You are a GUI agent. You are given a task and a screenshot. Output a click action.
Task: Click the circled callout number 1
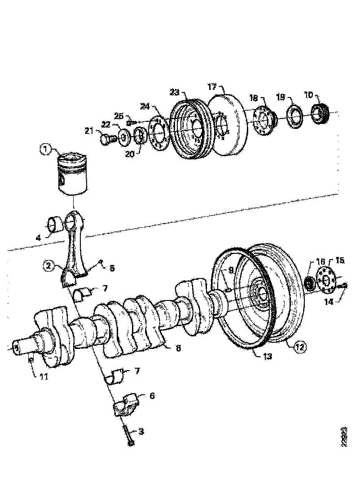(x=45, y=150)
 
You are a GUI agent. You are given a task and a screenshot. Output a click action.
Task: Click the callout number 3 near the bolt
(x=141, y=432)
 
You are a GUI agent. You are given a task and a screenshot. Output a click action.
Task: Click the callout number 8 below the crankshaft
(x=178, y=348)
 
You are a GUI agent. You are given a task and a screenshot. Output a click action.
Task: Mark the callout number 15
(x=340, y=260)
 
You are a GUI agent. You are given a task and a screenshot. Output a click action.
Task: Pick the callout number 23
(x=175, y=93)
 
